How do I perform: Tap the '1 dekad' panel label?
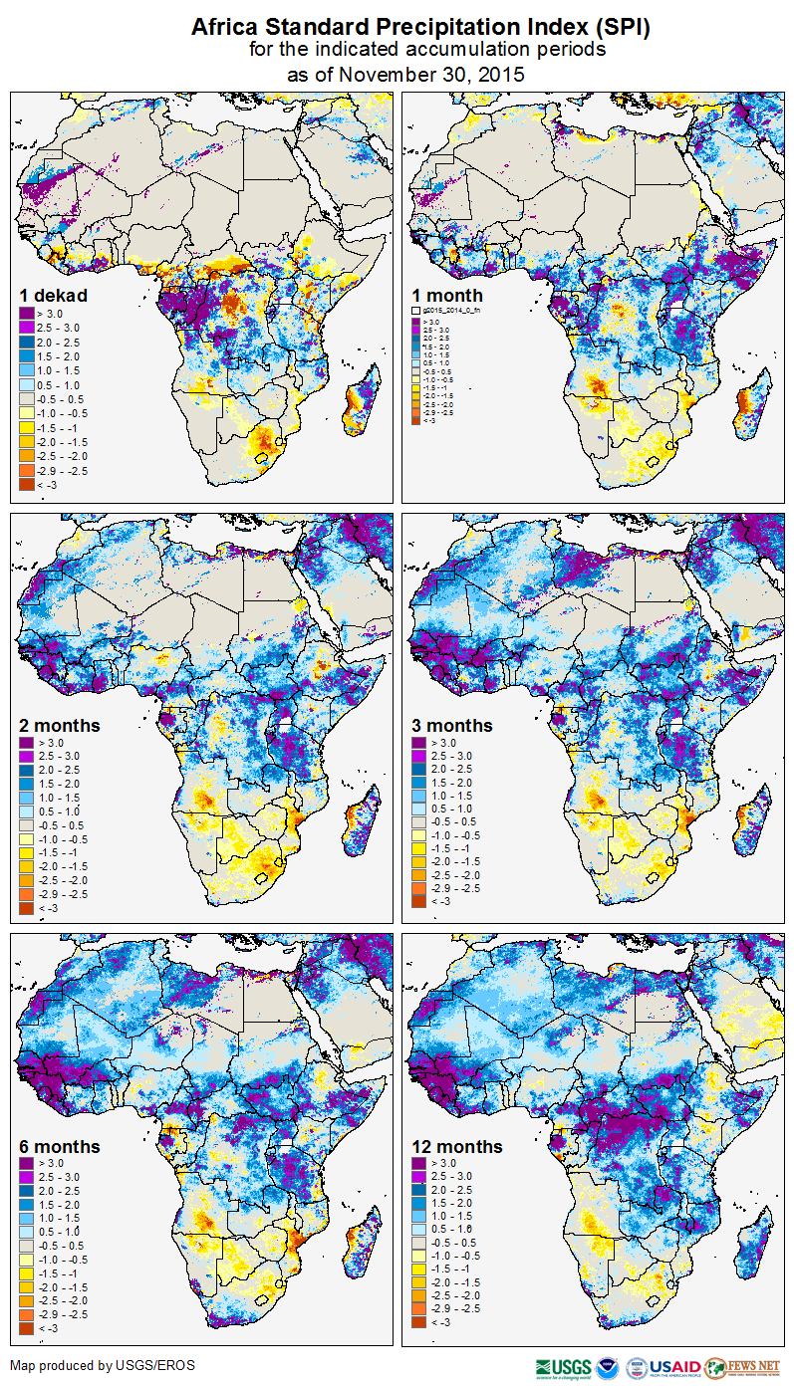(54, 296)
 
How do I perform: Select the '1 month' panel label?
(447, 296)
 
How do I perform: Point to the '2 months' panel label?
(60, 726)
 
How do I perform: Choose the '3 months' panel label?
(452, 726)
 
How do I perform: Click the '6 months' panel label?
(60, 1147)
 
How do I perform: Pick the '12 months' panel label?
(456, 1147)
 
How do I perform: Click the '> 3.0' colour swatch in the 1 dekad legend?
(25, 314)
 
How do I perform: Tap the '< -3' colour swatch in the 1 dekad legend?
(25, 484)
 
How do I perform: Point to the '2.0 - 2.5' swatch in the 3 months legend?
(418, 771)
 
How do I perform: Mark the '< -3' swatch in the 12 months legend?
(418, 1322)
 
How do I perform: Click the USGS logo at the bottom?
(564, 1367)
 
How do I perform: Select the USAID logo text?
(676, 1367)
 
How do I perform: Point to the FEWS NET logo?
(743, 1367)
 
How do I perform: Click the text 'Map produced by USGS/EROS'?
(103, 1365)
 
